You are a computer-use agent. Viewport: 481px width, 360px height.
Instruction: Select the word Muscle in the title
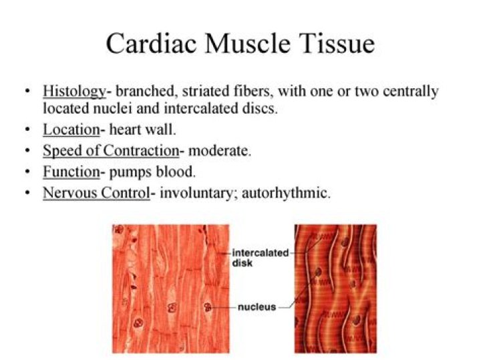coord(248,44)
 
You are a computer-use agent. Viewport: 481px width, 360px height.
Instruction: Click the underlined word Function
coord(71,172)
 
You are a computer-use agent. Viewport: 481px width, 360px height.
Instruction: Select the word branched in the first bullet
coord(140,91)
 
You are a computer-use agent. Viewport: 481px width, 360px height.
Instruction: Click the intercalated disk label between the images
coord(261,257)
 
